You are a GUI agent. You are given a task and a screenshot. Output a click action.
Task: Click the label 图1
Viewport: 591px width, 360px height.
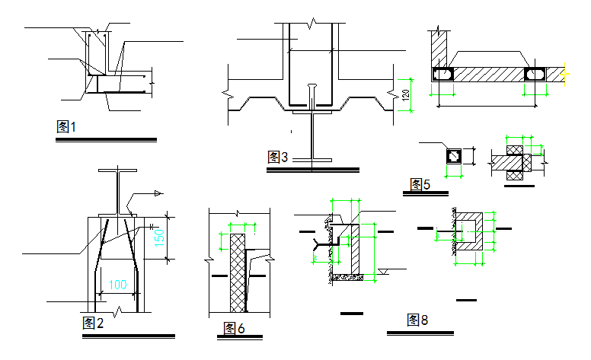point(67,127)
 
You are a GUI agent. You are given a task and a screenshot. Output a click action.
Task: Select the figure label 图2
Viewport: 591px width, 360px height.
point(92,323)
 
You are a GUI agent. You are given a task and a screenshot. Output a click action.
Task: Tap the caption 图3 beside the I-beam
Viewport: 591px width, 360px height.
point(278,158)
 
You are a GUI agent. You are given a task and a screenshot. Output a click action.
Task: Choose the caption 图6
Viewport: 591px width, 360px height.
point(234,328)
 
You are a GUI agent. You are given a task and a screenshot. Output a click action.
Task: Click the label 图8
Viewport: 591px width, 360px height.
point(417,320)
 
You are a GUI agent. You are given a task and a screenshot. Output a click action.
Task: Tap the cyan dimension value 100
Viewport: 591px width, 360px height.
point(117,285)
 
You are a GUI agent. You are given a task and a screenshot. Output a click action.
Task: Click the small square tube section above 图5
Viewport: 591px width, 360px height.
point(453,155)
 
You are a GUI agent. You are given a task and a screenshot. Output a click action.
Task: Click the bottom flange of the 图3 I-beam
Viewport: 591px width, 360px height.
point(312,158)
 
